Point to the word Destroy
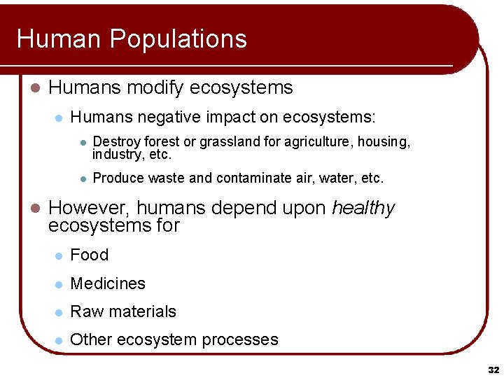pyautogui.click(x=114, y=142)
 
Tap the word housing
pyautogui.click(x=384, y=142)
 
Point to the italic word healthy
pyautogui.click(x=363, y=208)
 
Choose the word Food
pyautogui.click(x=90, y=255)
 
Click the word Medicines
pyautogui.click(x=108, y=283)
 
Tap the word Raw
pyautogui.click(x=84, y=311)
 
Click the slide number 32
pyautogui.click(x=493, y=369)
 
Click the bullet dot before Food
pyautogui.click(x=59, y=256)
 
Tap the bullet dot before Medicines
pyautogui.click(x=59, y=284)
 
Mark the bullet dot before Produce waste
pyautogui.click(x=82, y=179)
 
